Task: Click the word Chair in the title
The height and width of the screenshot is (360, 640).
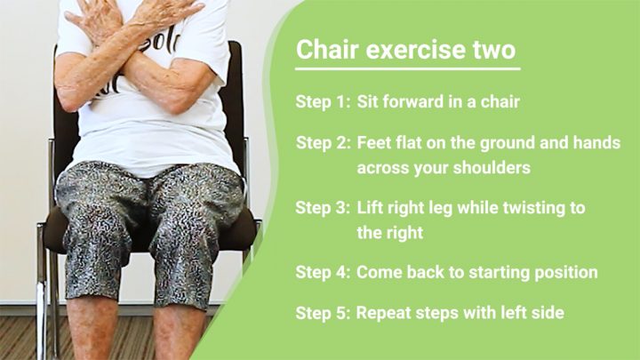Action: pyautogui.click(x=327, y=49)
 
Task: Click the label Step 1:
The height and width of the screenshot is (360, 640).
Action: pyautogui.click(x=323, y=101)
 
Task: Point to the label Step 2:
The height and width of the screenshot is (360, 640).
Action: pyautogui.click(x=324, y=143)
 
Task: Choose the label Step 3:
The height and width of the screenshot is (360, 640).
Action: pyautogui.click(x=323, y=208)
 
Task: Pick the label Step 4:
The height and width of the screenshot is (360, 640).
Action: pyautogui.click(x=323, y=272)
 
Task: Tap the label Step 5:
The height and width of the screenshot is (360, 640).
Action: pyautogui.click(x=323, y=313)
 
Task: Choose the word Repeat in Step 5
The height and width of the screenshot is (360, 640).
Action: pyautogui.click(x=381, y=314)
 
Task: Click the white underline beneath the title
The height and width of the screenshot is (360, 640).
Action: pyautogui.click(x=408, y=69)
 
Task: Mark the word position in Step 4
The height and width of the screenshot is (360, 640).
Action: pyautogui.click(x=566, y=273)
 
